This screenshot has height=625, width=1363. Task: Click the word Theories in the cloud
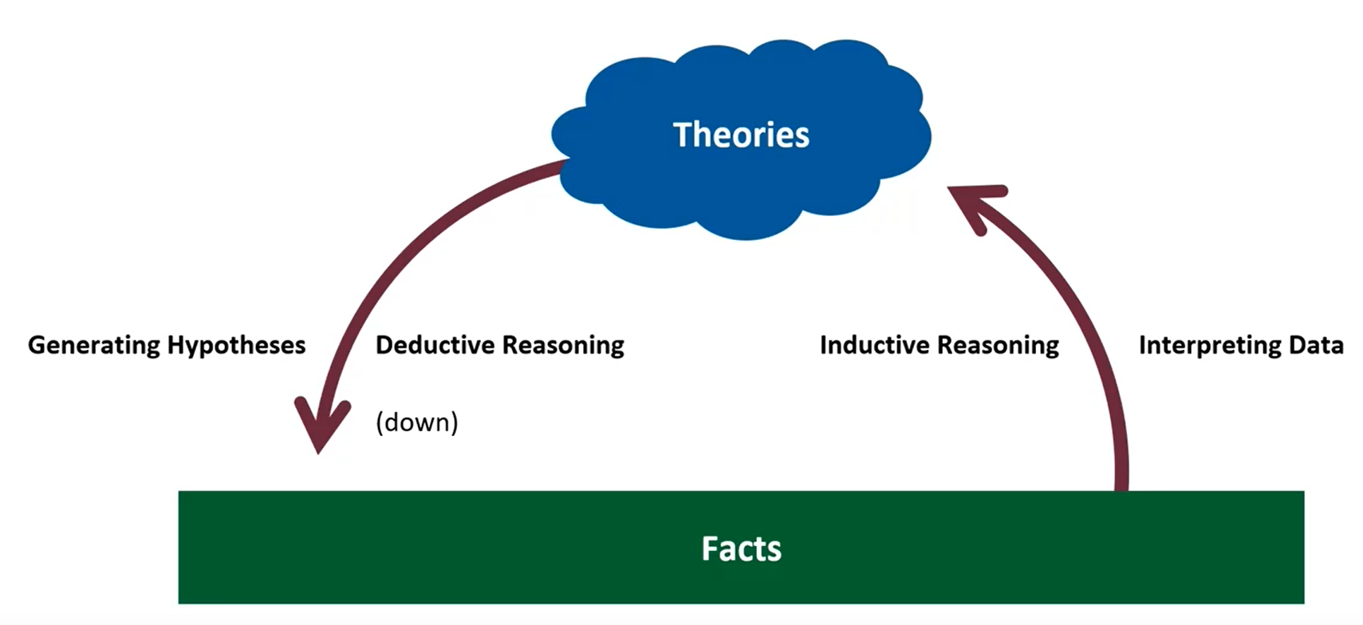741,135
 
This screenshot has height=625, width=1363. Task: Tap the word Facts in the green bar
741,548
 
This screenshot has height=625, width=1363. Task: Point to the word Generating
94,345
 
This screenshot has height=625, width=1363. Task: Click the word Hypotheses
236,345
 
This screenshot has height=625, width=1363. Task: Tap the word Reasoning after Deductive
563,345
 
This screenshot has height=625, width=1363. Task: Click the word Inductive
875,345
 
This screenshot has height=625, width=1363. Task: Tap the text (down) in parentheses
417,422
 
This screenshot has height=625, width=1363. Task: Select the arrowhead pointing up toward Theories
975,203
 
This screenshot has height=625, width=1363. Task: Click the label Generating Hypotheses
167,345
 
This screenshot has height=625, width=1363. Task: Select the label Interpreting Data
1241,345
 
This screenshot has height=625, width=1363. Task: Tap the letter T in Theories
681,135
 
